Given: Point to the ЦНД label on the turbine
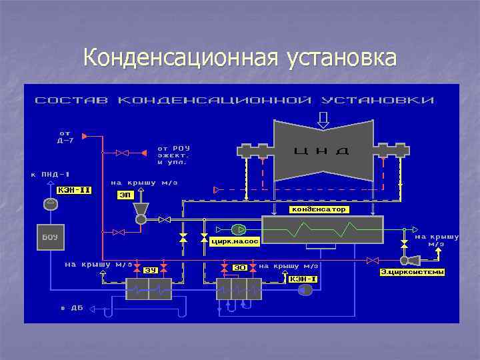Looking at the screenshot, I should pos(322,151).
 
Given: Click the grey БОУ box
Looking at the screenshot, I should pos(50,238).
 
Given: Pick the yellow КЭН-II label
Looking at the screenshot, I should pos(74,191).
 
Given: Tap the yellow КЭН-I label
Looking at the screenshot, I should pos(302,279).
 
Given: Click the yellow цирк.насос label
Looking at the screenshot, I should pos(234,241).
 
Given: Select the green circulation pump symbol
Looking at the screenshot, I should pos(239,229).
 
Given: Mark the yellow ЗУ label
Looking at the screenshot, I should pos(151,269).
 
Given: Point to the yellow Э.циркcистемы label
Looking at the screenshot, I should pos(412,272).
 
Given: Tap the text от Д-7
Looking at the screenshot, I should pos(65,137).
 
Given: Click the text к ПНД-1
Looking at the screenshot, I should pos(51,175).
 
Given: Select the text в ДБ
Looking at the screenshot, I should pos(71,308).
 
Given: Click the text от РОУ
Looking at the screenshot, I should pos(174,148).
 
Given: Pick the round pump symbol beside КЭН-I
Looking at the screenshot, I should pos(306,289).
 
